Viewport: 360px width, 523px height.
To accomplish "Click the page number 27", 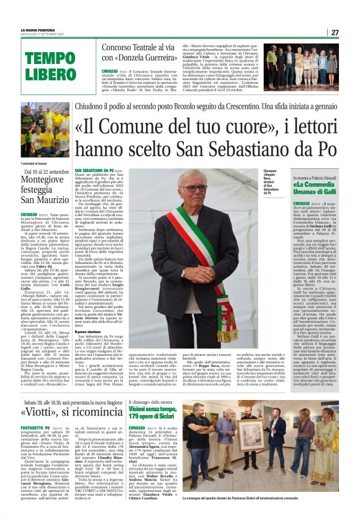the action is click(x=335, y=32).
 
